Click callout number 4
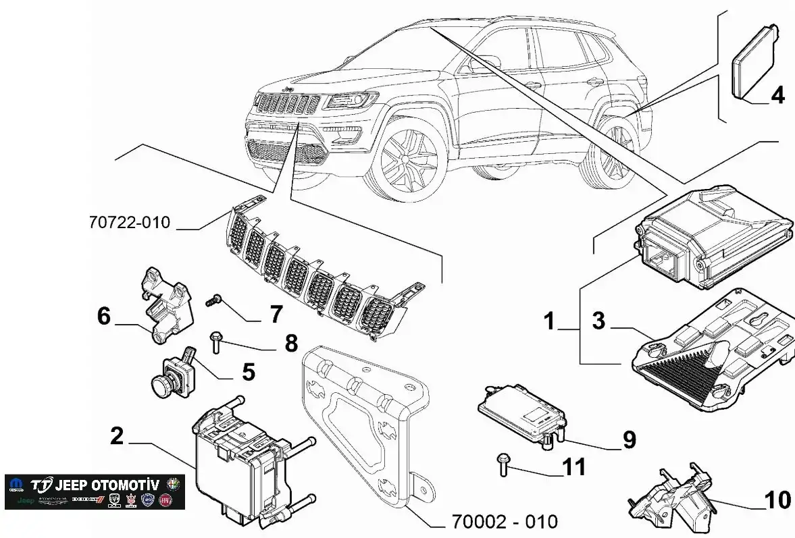[x=777, y=95]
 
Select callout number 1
[x=550, y=321]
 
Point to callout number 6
[x=103, y=316]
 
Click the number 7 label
[x=276, y=314]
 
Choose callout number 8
[x=291, y=344]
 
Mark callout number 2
[x=117, y=436]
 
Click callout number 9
[x=629, y=440]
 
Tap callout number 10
[x=777, y=500]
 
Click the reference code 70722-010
[x=129, y=222]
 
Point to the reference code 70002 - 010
[x=505, y=522]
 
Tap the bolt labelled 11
[x=503, y=464]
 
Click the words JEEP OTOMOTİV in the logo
[x=107, y=485]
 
